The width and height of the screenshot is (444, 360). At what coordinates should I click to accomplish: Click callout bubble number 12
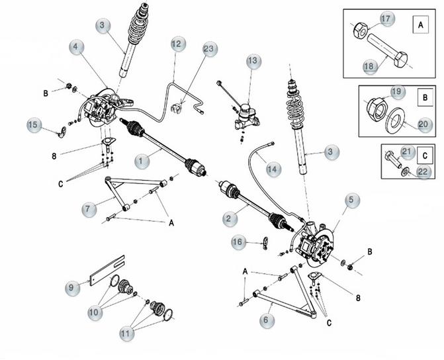coord(178,44)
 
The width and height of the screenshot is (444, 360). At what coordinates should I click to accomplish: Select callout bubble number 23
coord(210,49)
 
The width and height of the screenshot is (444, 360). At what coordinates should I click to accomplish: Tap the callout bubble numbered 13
coord(253,61)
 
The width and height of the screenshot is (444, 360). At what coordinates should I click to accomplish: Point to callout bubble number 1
coord(142,161)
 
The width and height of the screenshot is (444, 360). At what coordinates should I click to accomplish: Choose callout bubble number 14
coord(273,169)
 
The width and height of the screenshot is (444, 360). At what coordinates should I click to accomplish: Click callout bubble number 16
coord(238,242)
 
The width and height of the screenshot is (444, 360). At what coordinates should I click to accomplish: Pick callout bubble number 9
coord(72,288)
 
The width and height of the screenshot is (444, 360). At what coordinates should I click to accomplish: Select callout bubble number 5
coord(352,201)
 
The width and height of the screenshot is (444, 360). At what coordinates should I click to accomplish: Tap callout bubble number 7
coord(89,210)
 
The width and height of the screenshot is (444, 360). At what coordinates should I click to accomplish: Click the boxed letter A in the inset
coord(420,25)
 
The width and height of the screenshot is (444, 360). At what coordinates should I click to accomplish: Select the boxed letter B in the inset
coord(425,97)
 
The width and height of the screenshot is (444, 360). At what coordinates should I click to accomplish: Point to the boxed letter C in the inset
coord(425,156)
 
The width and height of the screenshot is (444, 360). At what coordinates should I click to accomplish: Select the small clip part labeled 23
coord(176,109)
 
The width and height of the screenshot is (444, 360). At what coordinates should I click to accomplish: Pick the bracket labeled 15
coord(63,132)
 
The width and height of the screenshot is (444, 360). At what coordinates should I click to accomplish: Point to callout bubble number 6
coord(267,320)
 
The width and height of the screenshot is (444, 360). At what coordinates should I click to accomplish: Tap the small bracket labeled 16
coord(265,244)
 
